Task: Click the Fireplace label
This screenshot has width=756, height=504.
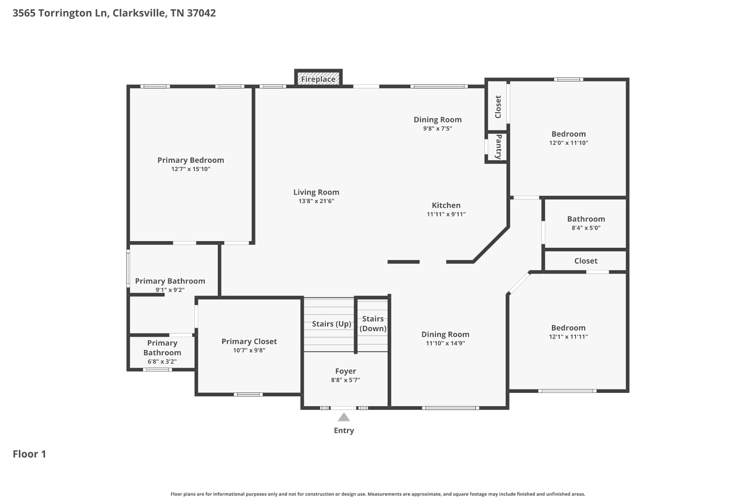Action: (318, 79)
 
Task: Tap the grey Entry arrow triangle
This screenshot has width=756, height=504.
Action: (344, 418)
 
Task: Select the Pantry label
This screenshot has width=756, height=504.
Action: (498, 147)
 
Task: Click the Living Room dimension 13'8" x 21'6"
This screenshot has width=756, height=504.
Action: (316, 201)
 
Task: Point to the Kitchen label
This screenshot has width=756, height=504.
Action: (446, 205)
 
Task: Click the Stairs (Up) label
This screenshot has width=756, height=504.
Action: (331, 324)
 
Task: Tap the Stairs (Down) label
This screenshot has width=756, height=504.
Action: (373, 324)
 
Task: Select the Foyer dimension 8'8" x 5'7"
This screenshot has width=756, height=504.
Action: (346, 380)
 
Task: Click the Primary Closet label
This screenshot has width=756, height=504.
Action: (249, 342)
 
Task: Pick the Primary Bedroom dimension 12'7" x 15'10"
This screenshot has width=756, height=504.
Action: (191, 169)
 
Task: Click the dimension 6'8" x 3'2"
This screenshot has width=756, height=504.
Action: (162, 361)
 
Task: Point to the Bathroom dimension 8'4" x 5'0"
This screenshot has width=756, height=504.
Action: (586, 228)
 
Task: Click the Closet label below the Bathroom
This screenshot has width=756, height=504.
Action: (586, 261)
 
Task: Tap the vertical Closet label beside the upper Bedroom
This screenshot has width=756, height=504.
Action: (498, 107)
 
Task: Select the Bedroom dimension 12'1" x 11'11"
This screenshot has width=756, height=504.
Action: (568, 337)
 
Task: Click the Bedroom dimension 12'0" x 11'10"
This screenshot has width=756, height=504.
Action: (568, 143)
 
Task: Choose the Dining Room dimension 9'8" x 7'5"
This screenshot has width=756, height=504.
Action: (437, 128)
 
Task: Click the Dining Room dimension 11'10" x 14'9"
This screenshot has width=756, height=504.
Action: (445, 343)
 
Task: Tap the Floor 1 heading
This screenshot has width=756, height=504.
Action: (30, 454)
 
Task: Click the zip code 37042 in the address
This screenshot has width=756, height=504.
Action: (201, 13)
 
